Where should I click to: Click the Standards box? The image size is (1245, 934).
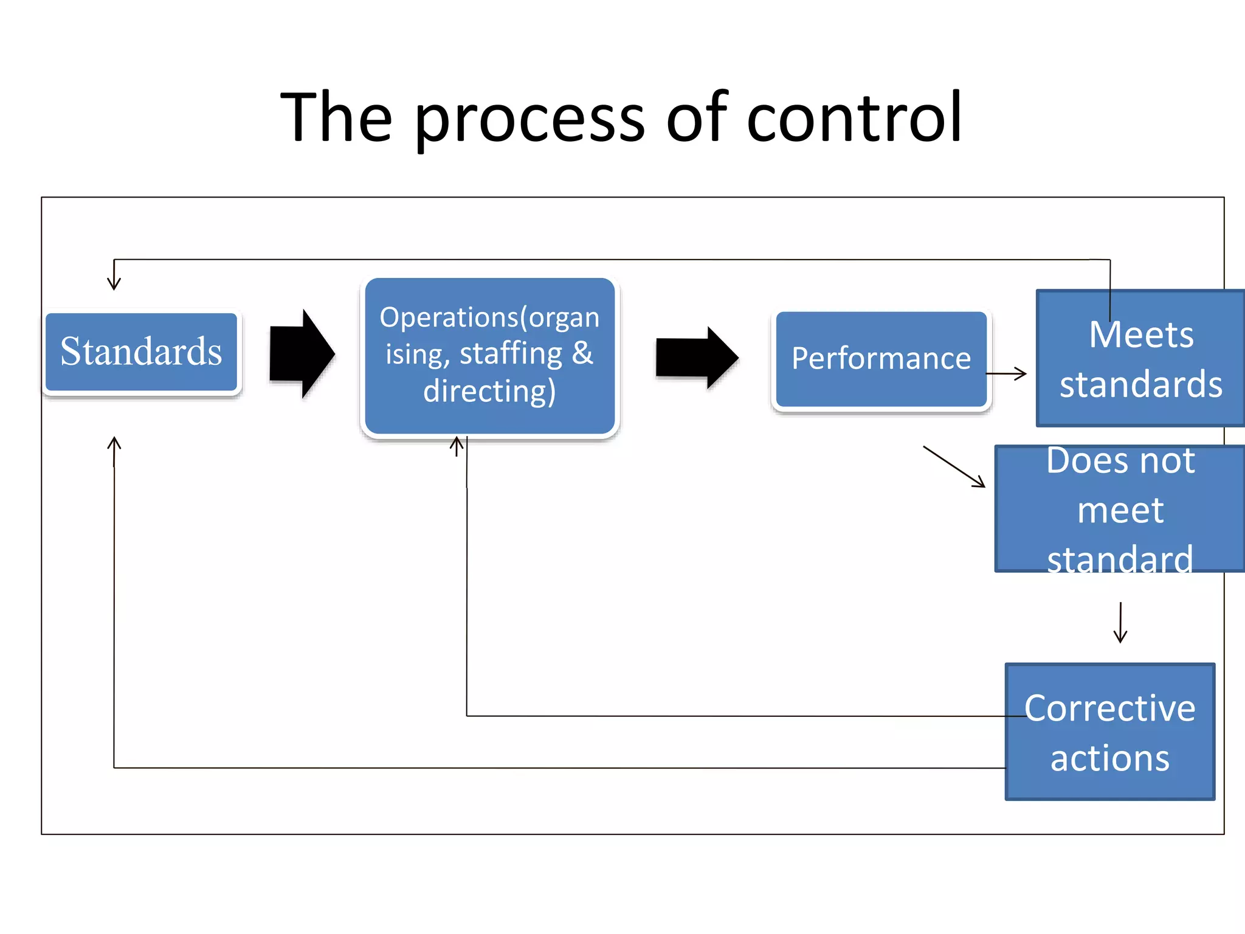(x=141, y=352)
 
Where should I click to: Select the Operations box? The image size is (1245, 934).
(x=489, y=356)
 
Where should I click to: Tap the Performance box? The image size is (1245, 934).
(x=881, y=359)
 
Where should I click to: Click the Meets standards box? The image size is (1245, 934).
(x=1140, y=359)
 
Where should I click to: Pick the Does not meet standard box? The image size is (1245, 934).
(x=1120, y=510)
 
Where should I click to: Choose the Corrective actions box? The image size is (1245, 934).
(x=1109, y=732)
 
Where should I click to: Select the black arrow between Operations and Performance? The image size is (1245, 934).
(x=697, y=358)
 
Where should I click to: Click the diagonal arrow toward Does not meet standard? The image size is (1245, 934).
(x=954, y=467)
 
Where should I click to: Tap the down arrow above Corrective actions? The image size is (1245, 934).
(x=1120, y=623)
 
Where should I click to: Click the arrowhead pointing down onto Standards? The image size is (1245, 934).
(x=114, y=283)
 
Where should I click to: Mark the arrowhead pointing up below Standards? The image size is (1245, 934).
(x=114, y=443)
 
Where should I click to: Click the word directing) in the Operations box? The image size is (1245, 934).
(x=489, y=390)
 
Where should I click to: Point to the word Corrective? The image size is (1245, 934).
(x=1109, y=708)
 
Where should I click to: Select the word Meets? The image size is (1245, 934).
(x=1140, y=334)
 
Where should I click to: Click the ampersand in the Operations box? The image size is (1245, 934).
(x=582, y=353)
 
